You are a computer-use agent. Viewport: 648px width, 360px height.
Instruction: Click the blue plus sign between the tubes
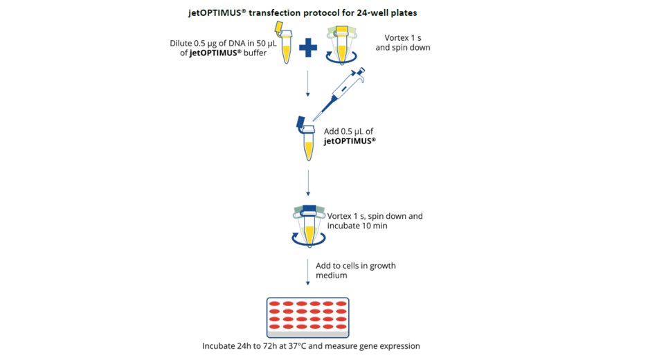point(308,48)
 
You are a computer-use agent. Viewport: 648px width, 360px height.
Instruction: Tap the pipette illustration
point(339,94)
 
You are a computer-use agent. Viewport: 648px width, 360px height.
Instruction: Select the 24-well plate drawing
point(307,317)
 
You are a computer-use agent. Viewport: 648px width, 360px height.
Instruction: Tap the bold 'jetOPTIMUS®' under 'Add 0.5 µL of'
point(350,141)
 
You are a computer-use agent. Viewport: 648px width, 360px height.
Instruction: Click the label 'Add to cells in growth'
point(356,265)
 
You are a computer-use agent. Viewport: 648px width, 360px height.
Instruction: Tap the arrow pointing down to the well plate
point(307,272)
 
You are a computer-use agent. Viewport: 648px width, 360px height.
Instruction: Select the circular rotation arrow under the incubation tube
point(307,240)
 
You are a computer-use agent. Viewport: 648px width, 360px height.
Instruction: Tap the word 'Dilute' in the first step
point(181,43)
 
